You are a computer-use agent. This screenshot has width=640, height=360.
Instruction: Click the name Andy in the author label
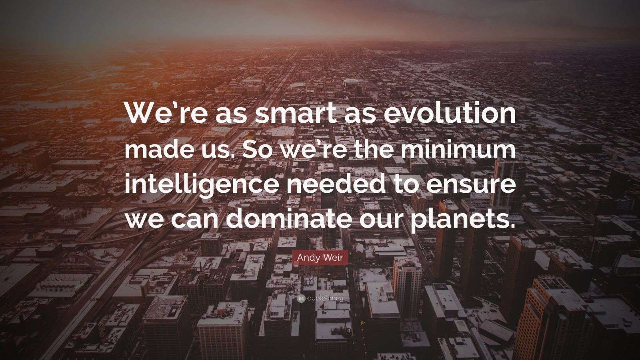coord(308,258)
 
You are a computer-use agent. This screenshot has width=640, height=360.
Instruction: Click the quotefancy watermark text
coord(326,298)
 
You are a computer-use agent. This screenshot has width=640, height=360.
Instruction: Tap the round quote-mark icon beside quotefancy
coord(302,298)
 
